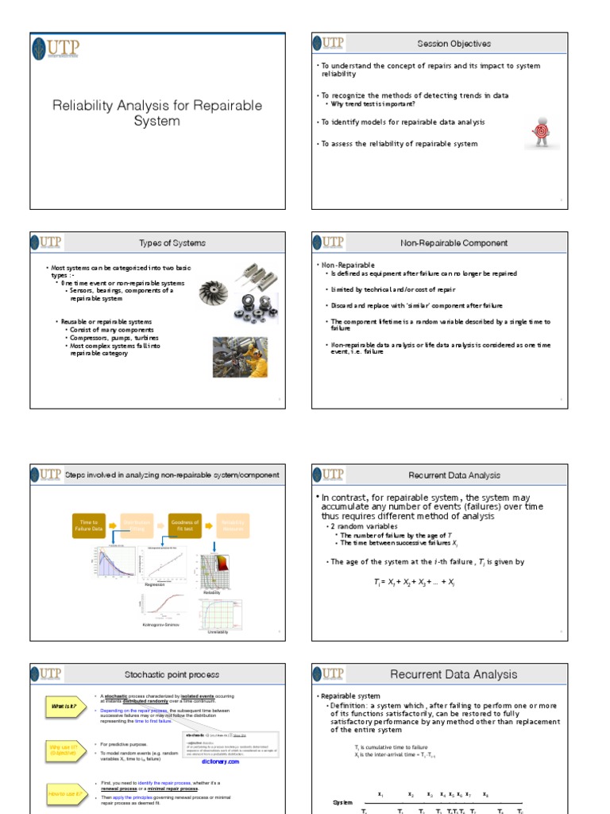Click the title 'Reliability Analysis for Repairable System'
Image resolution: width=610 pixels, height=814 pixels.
157,113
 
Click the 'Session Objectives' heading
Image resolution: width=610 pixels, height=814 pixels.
454,44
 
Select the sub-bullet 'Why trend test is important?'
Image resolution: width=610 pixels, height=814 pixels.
373,104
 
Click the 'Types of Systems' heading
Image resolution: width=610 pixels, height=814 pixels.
172,242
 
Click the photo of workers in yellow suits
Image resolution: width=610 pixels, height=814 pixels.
239,357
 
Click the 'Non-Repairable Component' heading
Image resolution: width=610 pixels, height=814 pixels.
454,242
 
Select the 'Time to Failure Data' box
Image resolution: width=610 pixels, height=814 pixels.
88,525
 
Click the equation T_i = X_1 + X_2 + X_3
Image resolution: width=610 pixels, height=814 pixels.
413,582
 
